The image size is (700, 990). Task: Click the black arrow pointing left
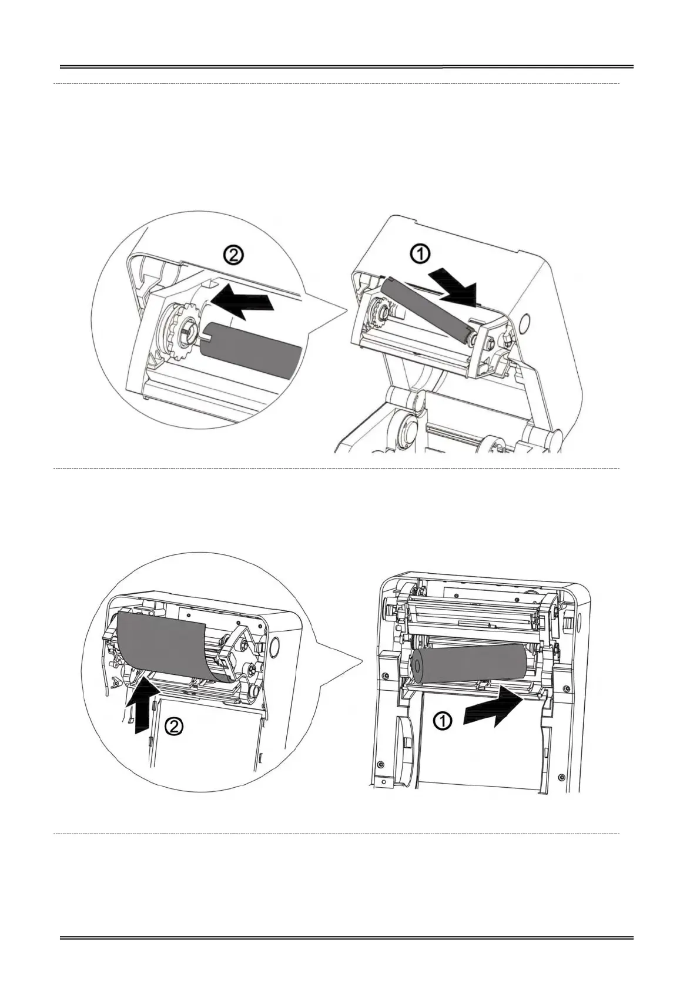coord(240,299)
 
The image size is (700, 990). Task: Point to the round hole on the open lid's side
coord(525,321)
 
